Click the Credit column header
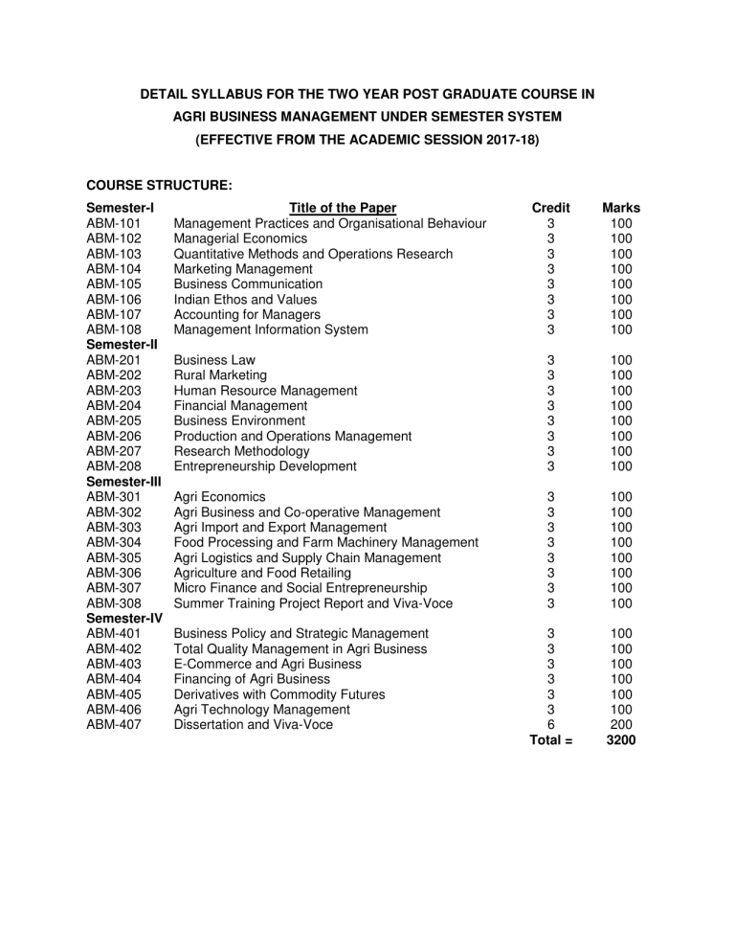tap(550, 208)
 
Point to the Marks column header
tap(620, 208)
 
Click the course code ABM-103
tap(114, 254)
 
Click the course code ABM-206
tap(114, 436)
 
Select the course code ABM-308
tap(114, 603)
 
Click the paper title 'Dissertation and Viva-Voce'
tap(256, 725)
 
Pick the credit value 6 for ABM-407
tap(550, 725)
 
